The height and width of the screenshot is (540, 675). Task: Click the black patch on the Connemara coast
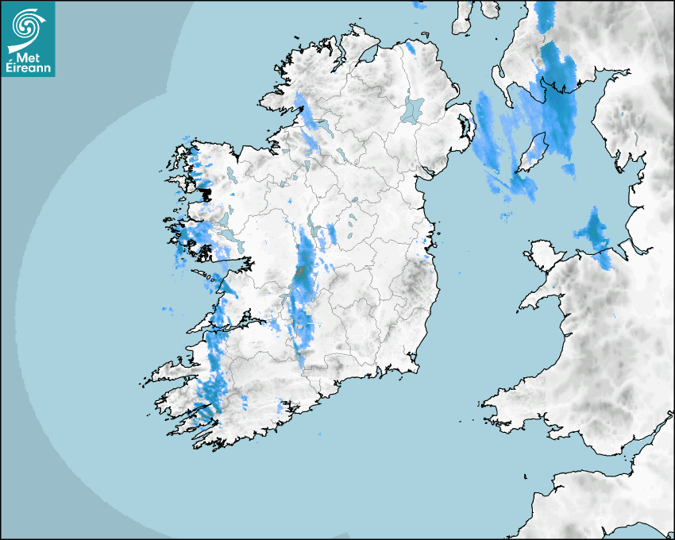pos(204,191)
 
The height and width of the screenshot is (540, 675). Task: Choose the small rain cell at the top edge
pos(418,5)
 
